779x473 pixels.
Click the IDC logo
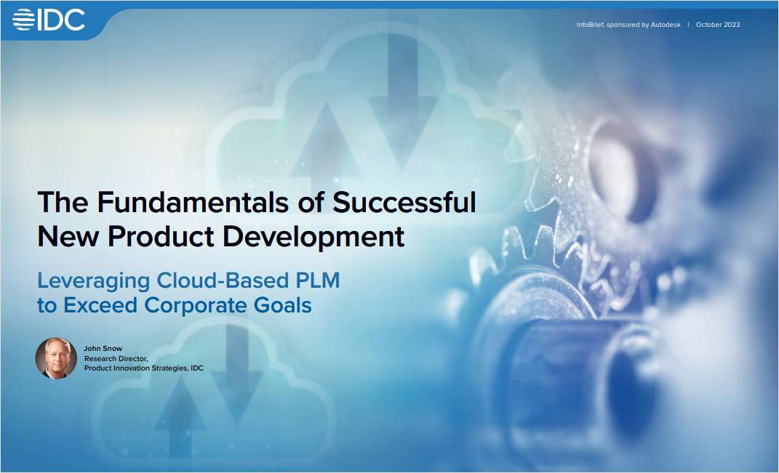49,20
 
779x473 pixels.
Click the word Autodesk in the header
666,25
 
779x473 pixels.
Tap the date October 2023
718,25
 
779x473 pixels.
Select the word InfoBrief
591,25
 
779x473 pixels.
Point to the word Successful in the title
404,201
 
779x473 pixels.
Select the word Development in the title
316,236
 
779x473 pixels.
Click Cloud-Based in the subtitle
220,280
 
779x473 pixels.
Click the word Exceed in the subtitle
101,305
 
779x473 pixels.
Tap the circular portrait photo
56,358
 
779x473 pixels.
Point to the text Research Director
116,358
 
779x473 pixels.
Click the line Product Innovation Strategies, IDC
143,368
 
